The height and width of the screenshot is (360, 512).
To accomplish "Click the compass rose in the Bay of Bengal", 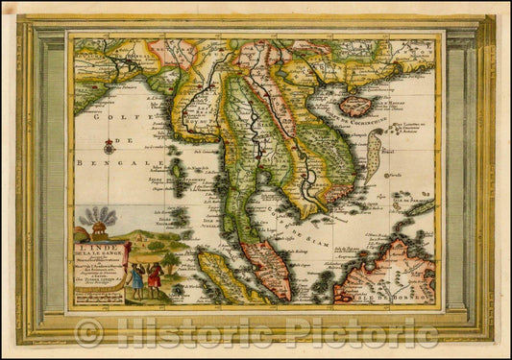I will (109, 147).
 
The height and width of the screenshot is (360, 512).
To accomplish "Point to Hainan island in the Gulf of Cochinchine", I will (355, 105).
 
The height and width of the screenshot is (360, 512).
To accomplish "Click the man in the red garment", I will (154, 278).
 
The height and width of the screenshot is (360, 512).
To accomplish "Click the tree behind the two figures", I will (170, 261).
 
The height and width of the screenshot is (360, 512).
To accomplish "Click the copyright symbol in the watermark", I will (88, 334).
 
